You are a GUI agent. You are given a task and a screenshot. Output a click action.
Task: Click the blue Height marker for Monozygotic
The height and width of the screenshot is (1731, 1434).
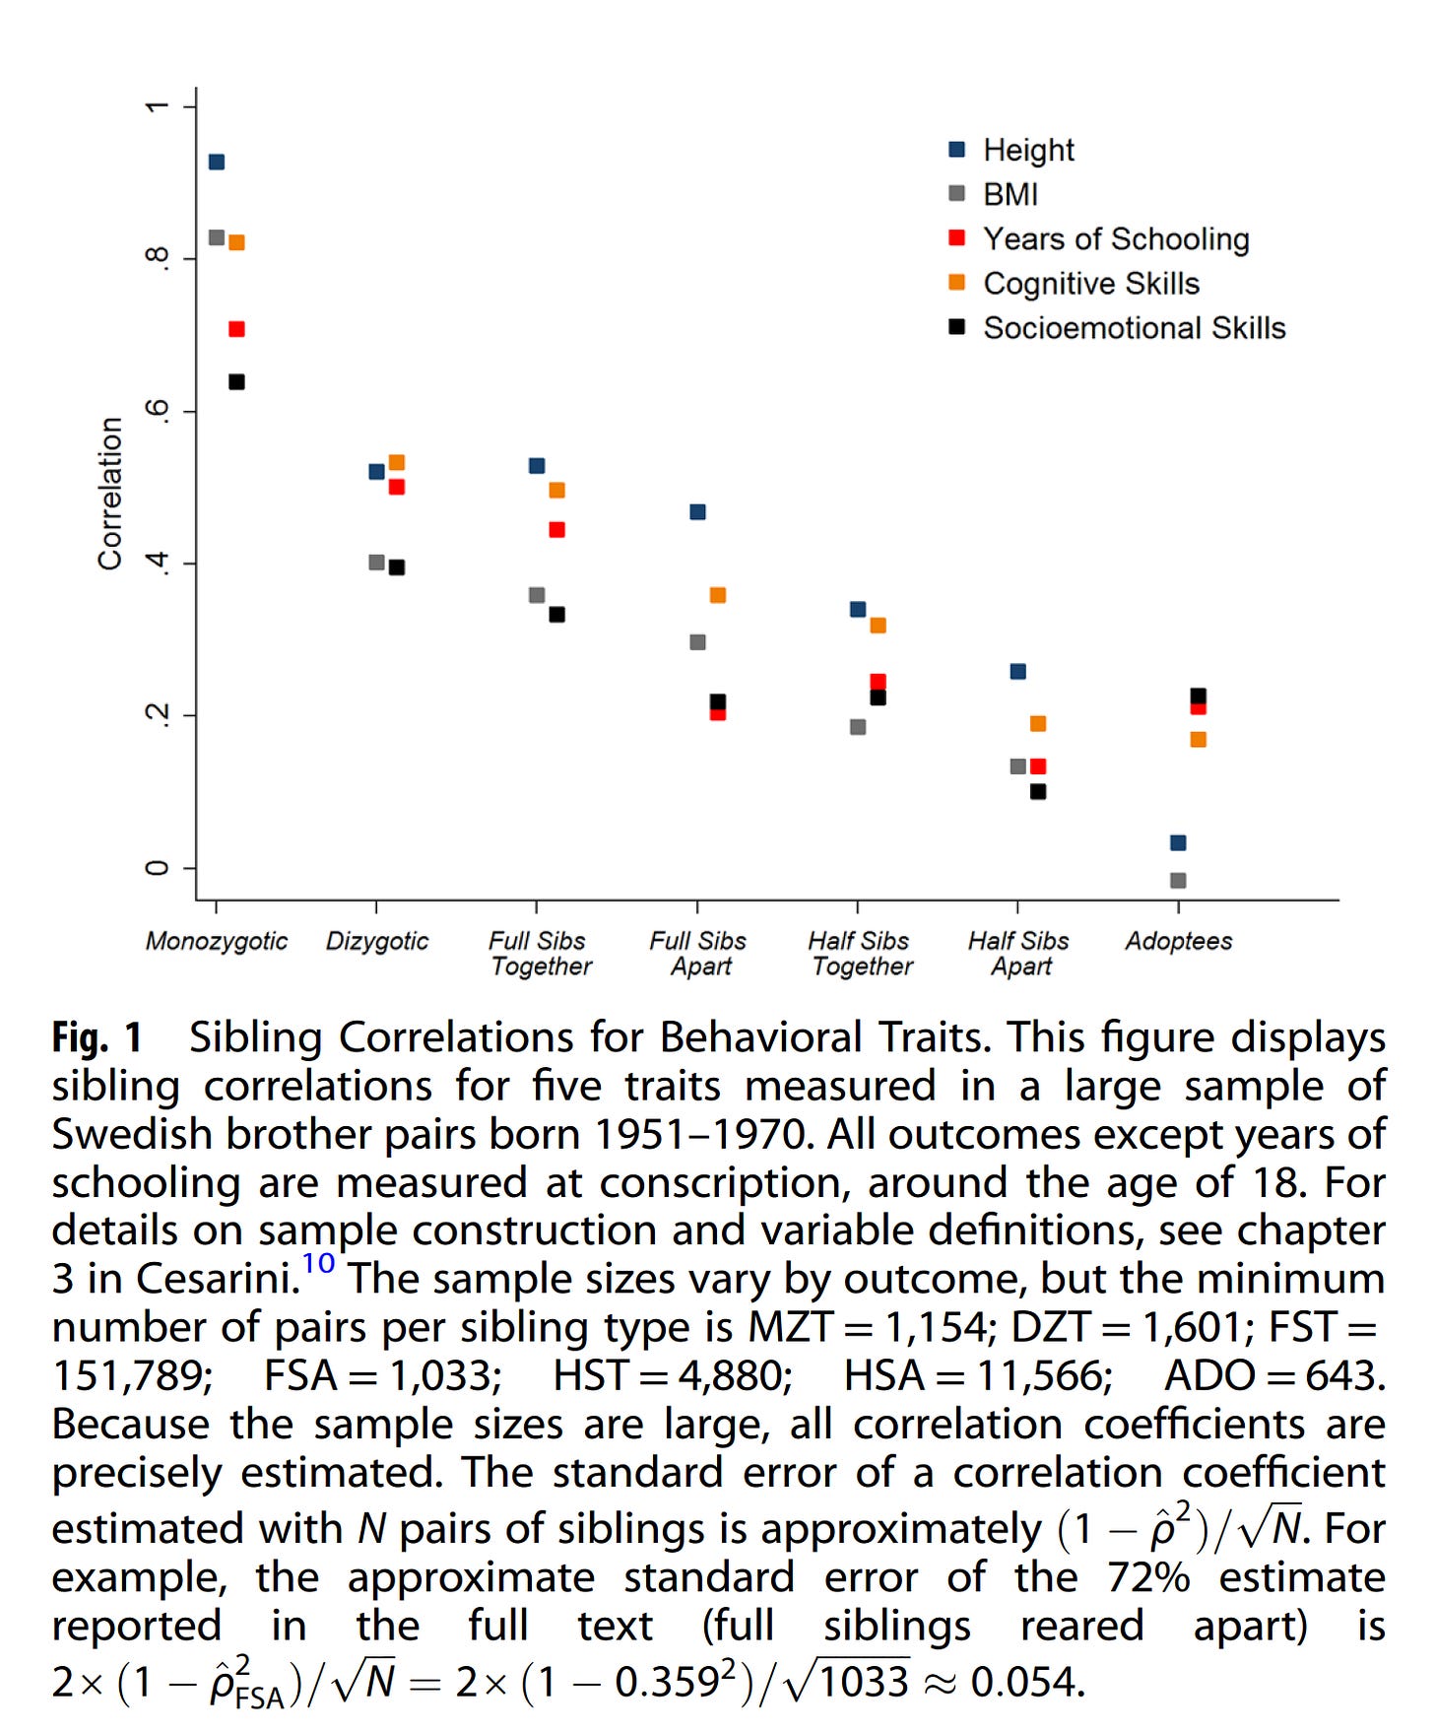pos(217,162)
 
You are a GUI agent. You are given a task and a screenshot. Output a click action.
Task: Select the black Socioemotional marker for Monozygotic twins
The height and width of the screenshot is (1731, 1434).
pos(236,382)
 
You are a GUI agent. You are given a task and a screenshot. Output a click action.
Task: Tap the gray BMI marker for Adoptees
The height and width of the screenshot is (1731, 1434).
pos(1178,880)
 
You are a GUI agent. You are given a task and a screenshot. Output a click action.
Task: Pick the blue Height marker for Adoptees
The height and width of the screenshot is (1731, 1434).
pos(1178,842)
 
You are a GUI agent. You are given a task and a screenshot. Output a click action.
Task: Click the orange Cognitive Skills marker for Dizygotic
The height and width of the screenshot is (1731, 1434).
pos(397,462)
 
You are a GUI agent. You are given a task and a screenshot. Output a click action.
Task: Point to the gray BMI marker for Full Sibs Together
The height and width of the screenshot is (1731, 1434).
pos(537,595)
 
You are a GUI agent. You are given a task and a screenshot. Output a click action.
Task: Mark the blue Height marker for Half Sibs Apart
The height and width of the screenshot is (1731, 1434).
pos(1018,672)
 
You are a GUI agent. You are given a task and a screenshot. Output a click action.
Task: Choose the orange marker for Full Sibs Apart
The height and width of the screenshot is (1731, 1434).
pos(718,595)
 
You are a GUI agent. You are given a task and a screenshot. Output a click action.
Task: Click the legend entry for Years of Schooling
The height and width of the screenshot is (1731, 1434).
pos(1115,239)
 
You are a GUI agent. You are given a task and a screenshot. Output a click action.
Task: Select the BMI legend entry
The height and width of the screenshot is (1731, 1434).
pos(1010,194)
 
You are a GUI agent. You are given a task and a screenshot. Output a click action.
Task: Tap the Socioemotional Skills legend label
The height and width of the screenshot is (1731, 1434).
pos(1134,328)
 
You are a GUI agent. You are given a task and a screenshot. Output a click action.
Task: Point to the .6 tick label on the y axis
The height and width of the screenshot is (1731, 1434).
pos(157,411)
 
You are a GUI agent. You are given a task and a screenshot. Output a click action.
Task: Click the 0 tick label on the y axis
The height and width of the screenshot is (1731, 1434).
pos(157,868)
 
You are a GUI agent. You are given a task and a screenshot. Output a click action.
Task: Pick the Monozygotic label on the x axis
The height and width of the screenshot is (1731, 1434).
pos(217,941)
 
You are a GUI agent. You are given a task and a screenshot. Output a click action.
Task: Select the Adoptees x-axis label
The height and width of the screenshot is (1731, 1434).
pos(1179,941)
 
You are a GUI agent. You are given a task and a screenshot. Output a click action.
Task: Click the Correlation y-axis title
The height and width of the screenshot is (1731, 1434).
pos(110,494)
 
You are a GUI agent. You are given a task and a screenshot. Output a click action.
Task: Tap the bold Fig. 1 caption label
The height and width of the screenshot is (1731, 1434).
pos(97,1037)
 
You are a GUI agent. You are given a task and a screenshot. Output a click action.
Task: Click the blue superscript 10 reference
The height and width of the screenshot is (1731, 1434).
pos(318,1263)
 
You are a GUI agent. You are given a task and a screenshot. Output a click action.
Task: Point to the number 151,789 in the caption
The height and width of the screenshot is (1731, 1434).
pos(132,1375)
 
